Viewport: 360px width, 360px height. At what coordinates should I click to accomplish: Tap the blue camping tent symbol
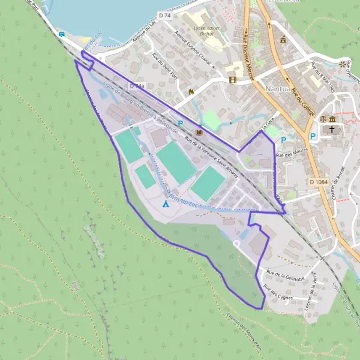(166, 203)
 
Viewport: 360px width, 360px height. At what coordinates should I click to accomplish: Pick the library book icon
(199, 132)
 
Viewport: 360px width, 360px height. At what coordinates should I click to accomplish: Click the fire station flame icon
(191, 92)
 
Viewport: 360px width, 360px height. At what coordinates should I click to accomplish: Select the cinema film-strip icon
(232, 80)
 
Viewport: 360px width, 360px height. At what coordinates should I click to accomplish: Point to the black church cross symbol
(334, 130)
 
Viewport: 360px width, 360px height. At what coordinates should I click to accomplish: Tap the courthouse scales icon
(323, 119)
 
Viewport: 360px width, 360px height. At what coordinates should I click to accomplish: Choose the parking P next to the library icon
(180, 123)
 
